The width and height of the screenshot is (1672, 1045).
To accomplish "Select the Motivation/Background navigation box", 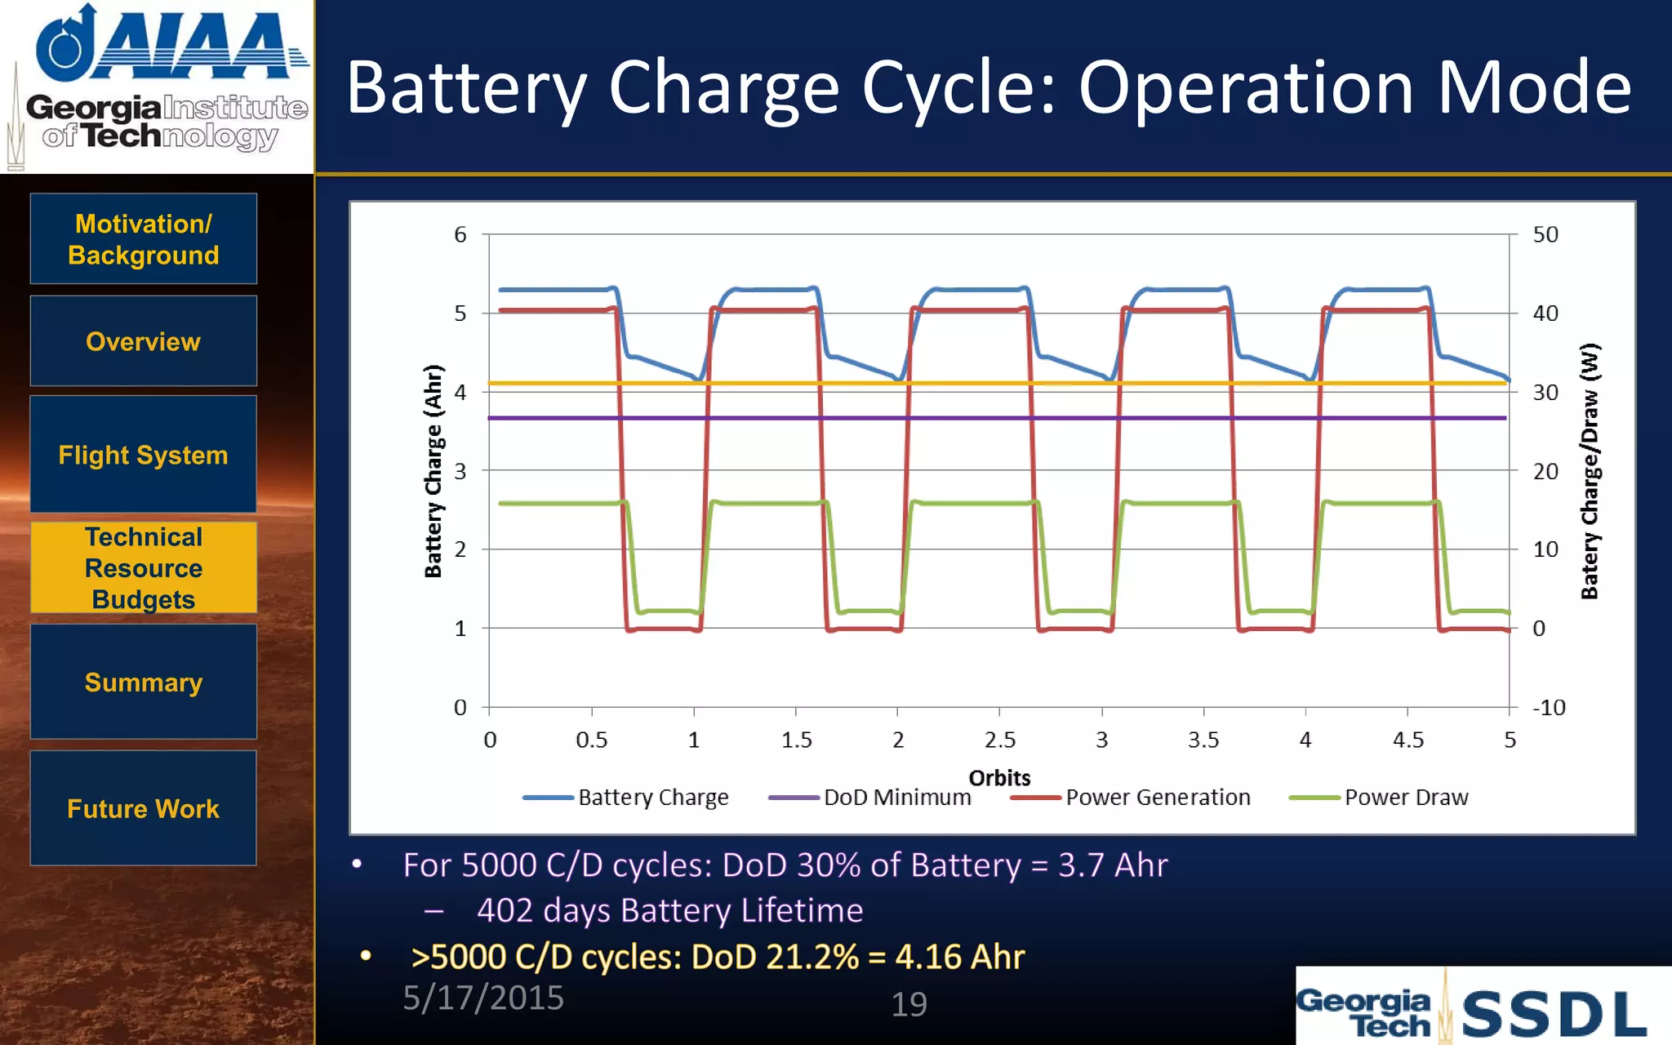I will coord(144,239).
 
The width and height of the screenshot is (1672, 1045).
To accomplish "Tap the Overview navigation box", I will coord(144,341).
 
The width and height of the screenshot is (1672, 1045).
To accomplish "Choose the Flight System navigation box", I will coord(144,455).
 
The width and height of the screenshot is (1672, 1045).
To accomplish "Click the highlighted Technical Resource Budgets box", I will coord(144,567).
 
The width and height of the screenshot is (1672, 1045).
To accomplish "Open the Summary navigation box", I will coord(144,682).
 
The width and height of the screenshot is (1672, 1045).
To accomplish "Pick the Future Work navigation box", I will coord(144,808).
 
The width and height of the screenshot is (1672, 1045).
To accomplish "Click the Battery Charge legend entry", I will coord(652,798).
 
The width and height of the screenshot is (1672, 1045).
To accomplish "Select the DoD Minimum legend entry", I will coord(896,798).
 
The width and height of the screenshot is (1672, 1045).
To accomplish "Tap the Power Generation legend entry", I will coord(1157,798).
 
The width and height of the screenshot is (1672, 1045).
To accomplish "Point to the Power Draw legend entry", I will coord(1405,798).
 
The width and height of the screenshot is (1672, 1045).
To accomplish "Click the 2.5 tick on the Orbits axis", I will coord(999,740).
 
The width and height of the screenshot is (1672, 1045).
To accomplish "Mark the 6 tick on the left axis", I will coord(460,235).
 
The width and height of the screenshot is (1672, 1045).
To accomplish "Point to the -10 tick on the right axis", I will coord(1549,708).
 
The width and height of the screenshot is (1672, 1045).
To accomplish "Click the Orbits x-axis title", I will coord(999,777).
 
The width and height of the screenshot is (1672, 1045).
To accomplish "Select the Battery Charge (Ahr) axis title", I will coord(434,471).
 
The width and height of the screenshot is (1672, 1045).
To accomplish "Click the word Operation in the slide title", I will coord(1245,87).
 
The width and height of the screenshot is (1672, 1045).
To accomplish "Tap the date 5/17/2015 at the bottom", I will coord(483,998).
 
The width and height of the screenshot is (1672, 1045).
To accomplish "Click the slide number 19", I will coord(909,1004).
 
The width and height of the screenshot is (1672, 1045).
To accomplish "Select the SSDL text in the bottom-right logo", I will coord(1553,1015).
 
